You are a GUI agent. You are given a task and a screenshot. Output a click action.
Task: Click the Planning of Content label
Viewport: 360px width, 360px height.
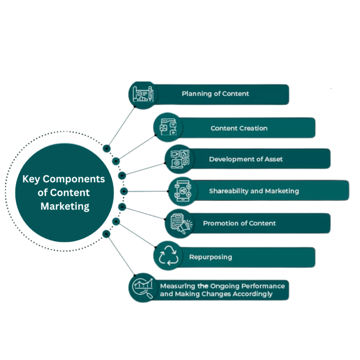tap(215, 94)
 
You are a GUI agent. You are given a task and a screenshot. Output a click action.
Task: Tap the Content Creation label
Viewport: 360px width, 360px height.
tap(239, 128)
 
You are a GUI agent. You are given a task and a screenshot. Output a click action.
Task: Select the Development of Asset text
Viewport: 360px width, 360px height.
tap(246, 159)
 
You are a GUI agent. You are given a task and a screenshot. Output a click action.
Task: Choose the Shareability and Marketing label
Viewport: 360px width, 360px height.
tap(254, 191)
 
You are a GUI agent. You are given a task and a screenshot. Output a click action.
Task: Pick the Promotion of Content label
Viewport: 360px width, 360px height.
tap(239, 224)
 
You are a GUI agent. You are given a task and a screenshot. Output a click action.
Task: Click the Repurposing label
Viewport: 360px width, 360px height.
tap(210, 257)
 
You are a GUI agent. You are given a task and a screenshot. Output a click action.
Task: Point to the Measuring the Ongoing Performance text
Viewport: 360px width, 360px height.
tap(223, 286)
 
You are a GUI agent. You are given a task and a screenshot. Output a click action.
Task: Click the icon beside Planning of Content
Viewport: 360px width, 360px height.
tap(142, 94)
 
